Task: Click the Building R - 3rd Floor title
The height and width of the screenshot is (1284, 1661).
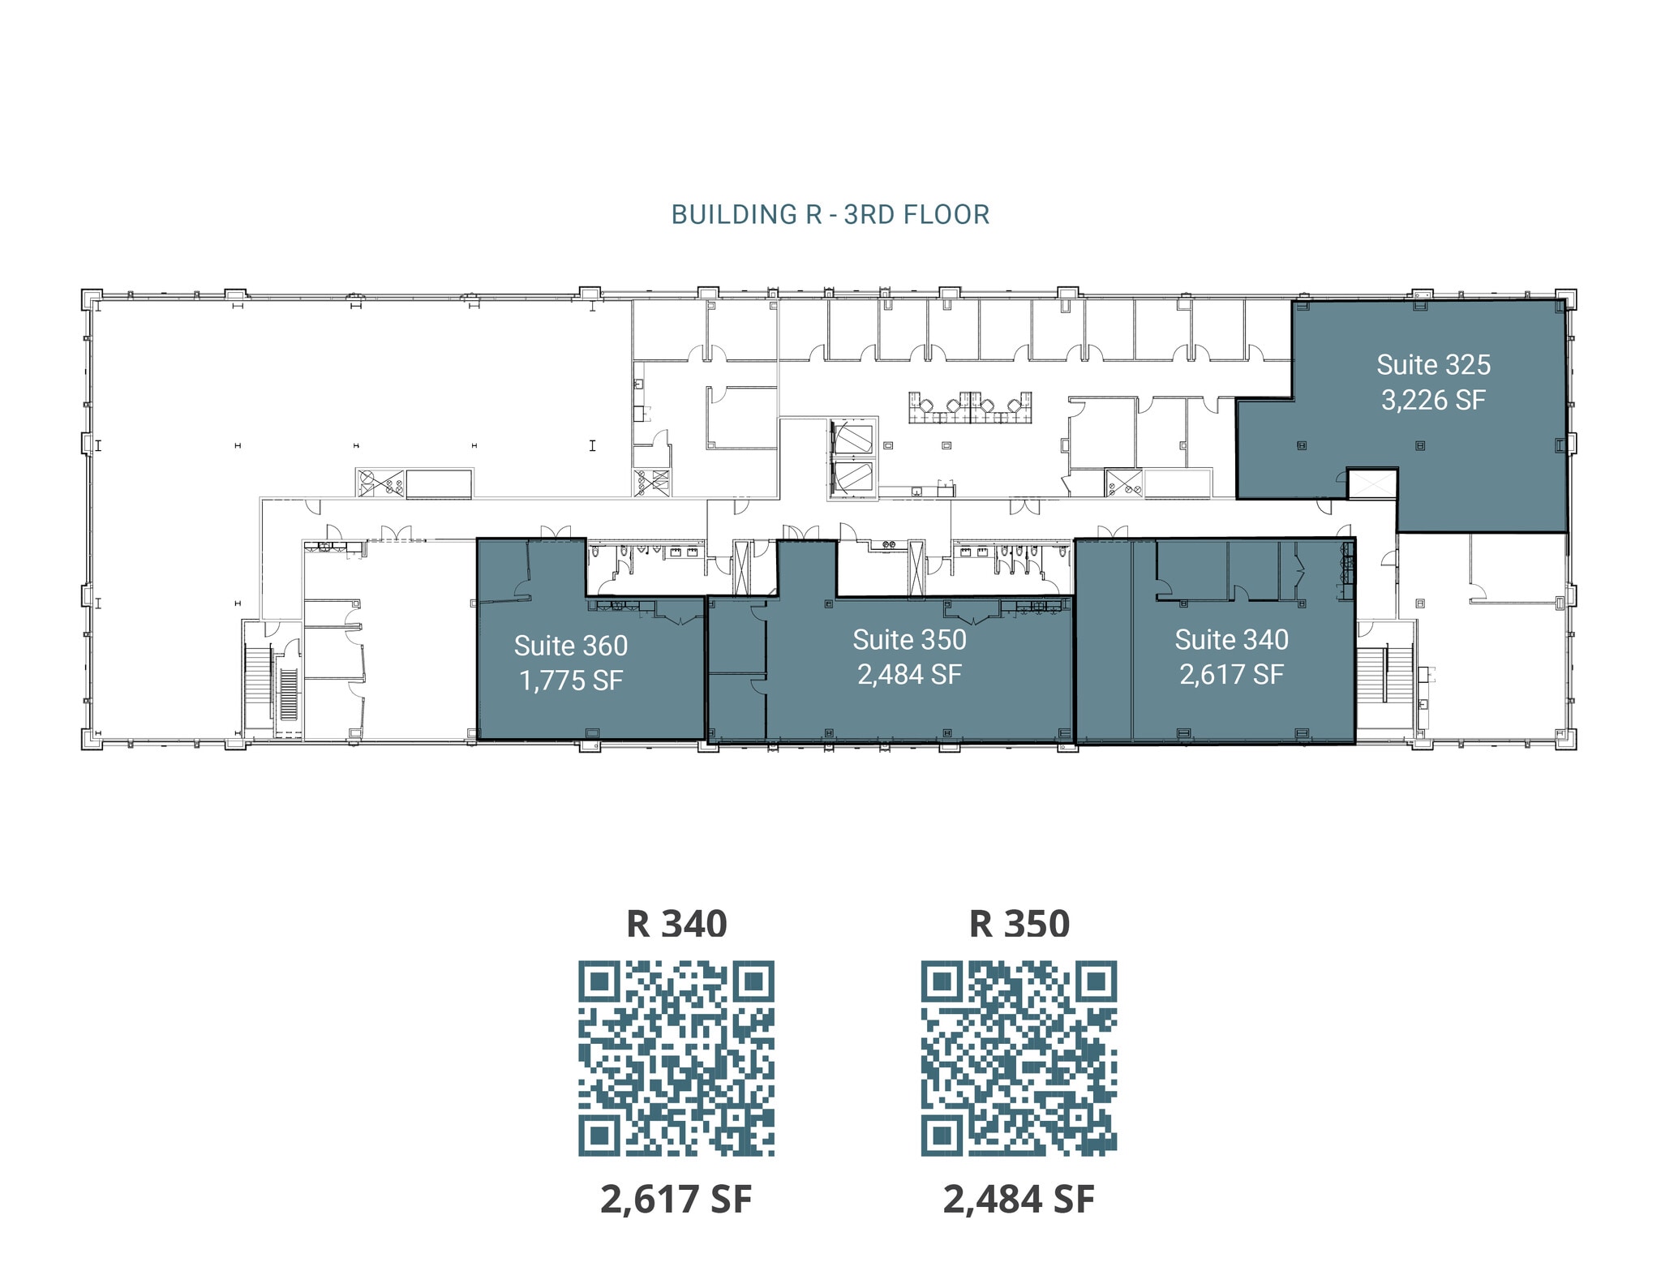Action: click(x=830, y=215)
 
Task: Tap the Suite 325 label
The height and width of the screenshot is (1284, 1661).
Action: click(x=1433, y=365)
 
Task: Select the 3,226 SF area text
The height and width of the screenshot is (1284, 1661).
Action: click(x=1433, y=400)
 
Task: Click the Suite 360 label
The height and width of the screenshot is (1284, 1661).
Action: click(x=571, y=646)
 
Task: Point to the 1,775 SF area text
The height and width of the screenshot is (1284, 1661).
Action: click(x=571, y=681)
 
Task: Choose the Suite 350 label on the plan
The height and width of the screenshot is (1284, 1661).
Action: click(x=909, y=640)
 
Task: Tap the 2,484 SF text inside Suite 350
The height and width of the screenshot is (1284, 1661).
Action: click(x=909, y=675)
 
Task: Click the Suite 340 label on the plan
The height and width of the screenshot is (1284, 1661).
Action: click(x=1231, y=640)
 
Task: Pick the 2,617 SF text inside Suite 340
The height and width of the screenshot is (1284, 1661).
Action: click(x=1231, y=675)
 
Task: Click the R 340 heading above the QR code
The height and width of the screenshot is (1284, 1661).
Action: click(x=676, y=924)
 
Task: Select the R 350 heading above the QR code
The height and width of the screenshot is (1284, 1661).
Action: click(x=1019, y=924)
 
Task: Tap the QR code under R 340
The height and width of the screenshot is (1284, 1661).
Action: click(x=676, y=1059)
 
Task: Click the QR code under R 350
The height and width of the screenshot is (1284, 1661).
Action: click(x=1019, y=1059)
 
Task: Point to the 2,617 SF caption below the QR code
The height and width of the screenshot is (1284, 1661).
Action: click(x=676, y=1200)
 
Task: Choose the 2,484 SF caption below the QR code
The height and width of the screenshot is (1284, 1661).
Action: click(x=1019, y=1200)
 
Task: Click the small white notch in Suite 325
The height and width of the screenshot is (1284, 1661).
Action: click(x=1372, y=484)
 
